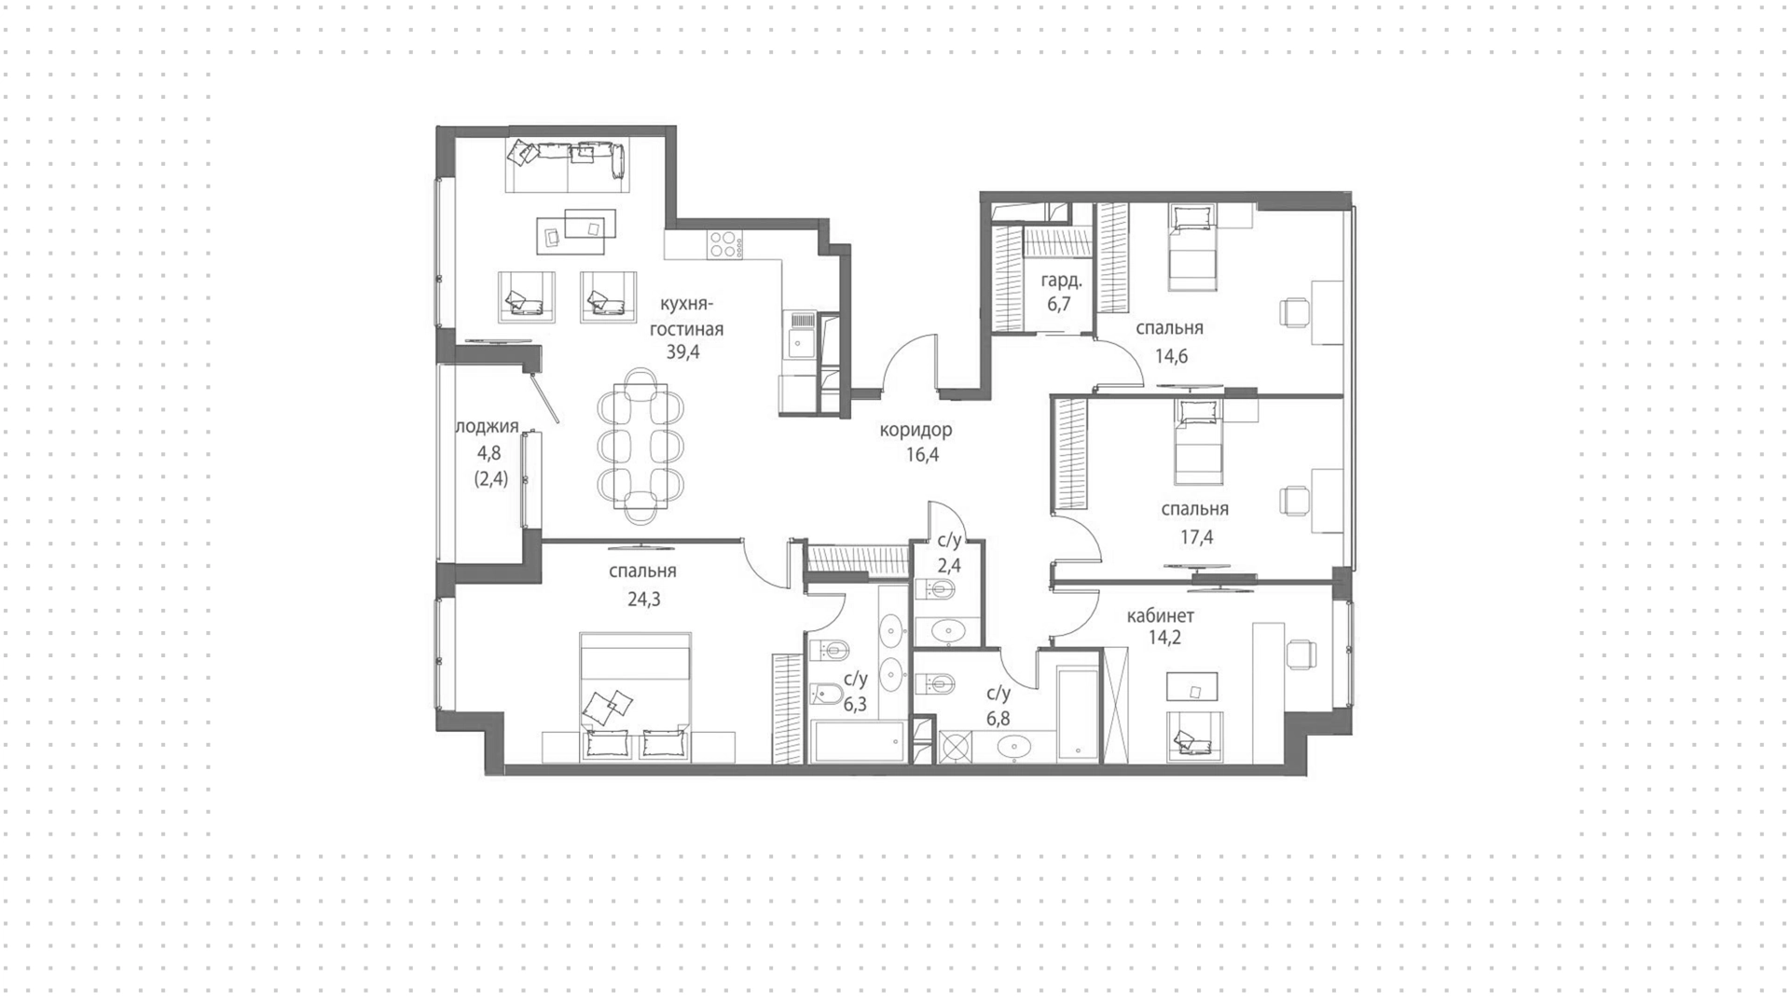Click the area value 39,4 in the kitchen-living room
(x=682, y=351)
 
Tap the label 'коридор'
(x=916, y=430)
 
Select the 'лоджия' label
(x=487, y=426)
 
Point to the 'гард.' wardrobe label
(x=1061, y=280)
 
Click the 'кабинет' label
(x=1160, y=615)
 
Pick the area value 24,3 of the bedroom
(x=643, y=599)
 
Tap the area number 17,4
(x=1196, y=537)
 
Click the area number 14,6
(x=1171, y=355)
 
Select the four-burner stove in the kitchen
(x=725, y=243)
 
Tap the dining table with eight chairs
(x=640, y=446)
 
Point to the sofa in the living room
(x=567, y=158)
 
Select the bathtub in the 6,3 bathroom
(x=857, y=740)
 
